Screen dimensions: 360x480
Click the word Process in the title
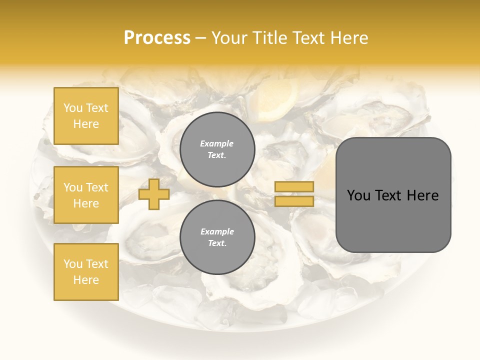coord(157,38)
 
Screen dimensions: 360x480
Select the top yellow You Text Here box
coord(86,116)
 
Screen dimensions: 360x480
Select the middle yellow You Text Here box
coord(86,195)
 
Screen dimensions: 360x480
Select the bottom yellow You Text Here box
coord(86,272)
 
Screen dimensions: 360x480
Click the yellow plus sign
coord(153,194)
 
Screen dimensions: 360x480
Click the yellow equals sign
coord(294,194)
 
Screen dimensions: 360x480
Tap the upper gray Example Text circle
coord(217,149)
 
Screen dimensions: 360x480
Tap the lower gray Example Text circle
coord(217,237)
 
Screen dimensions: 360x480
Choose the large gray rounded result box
coord(393,195)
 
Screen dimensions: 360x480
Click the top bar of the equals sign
coord(294,187)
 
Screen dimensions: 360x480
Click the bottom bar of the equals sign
coord(294,201)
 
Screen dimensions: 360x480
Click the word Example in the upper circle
coord(216,143)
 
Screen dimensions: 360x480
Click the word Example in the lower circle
coord(216,231)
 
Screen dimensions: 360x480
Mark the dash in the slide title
coord(201,38)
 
